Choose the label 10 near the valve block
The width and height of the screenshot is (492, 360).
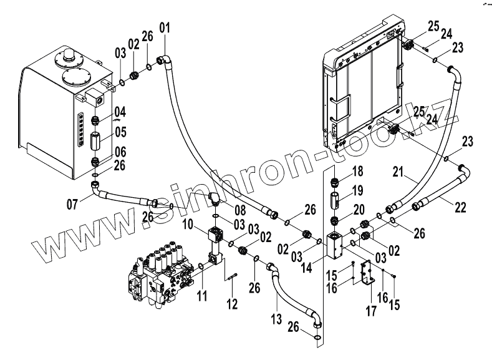[x=186, y=223]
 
